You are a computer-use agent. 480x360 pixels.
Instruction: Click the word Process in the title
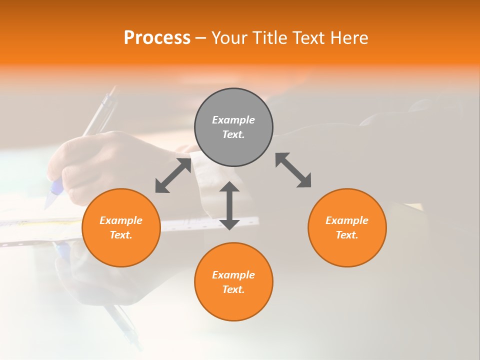(157, 38)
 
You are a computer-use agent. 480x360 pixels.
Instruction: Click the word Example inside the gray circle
(233, 120)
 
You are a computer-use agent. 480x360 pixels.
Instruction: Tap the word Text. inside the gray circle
(233, 134)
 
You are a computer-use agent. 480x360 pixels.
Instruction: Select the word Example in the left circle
(121, 220)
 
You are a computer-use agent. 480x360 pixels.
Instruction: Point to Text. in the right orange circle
(347, 235)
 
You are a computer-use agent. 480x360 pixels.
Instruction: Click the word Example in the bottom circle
(233, 275)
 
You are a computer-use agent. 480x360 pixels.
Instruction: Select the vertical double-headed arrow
(229, 205)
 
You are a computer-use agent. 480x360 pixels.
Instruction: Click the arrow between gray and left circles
(173, 175)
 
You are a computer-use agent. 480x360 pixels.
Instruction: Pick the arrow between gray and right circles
(293, 170)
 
